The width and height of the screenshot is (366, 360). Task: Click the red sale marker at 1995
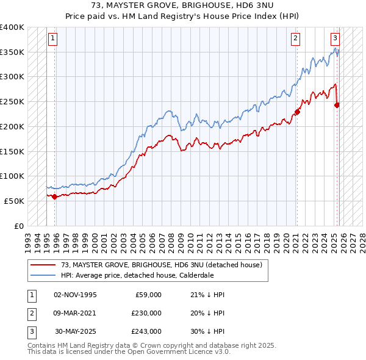point(55,196)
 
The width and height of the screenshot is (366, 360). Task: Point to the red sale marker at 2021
point(297,111)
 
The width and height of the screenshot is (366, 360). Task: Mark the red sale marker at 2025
point(337,105)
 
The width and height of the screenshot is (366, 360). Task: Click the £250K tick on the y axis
point(12,101)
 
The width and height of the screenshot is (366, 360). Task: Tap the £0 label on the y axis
point(19,226)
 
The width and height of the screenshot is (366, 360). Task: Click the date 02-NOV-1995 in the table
point(75,295)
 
